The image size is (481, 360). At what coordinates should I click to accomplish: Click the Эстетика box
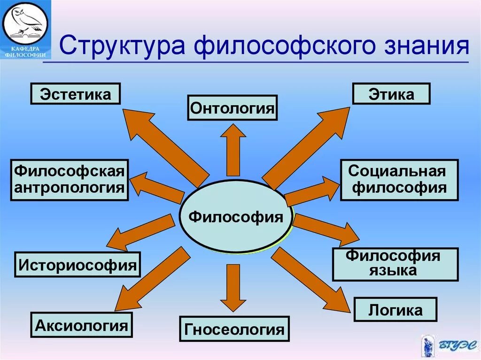pos(75,93)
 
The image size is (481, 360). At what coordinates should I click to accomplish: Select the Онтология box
pos(232,107)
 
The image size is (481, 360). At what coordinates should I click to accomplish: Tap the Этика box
pos(391,93)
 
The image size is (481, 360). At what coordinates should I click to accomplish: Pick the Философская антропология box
pos(69,180)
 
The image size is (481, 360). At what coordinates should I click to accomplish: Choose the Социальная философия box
pos(399,180)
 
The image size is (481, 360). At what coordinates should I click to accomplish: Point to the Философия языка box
pos(395,264)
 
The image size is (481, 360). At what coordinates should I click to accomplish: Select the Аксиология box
pos(82,324)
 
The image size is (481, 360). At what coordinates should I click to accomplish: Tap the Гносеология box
pos(234,329)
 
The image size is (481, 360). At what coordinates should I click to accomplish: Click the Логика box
pos(395,309)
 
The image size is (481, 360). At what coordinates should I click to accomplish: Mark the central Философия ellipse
pos(236,217)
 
